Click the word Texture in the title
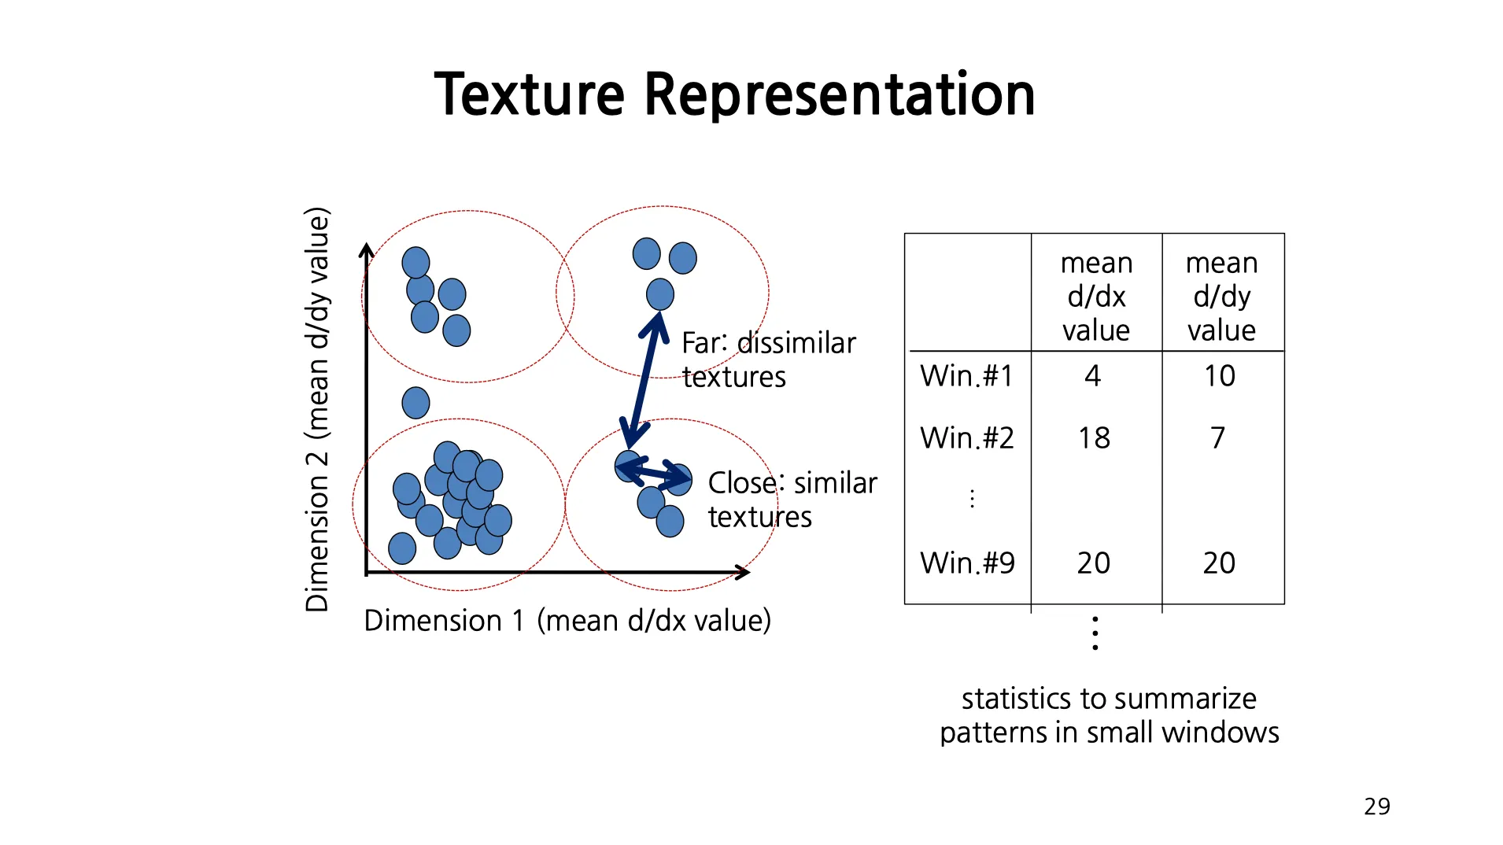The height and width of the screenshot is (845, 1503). [x=529, y=94]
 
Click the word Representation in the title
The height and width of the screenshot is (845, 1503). [x=839, y=94]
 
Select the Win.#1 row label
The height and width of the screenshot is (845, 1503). [x=966, y=376]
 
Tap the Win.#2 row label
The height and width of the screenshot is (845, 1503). [x=966, y=438]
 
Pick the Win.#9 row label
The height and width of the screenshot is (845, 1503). [x=967, y=563]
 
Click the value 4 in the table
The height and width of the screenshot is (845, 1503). [x=1092, y=376]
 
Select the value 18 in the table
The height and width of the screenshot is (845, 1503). [x=1094, y=438]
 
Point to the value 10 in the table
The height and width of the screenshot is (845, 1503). [x=1219, y=376]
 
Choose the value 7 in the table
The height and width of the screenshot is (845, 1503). [x=1217, y=438]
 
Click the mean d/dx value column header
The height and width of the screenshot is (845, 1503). [x=1096, y=297]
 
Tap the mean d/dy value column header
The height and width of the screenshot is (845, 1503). [x=1221, y=297]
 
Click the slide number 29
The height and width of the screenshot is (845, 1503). [x=1376, y=807]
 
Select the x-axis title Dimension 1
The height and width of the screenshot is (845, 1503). [x=567, y=621]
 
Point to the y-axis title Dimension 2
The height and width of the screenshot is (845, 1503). [x=317, y=409]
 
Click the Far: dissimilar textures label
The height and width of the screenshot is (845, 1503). [x=767, y=360]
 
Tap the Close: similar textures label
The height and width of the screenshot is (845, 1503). [x=791, y=500]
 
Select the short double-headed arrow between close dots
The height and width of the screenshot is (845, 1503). [x=653, y=471]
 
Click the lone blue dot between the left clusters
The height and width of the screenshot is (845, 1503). [x=415, y=403]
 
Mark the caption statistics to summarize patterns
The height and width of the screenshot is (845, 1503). [x=1109, y=715]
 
